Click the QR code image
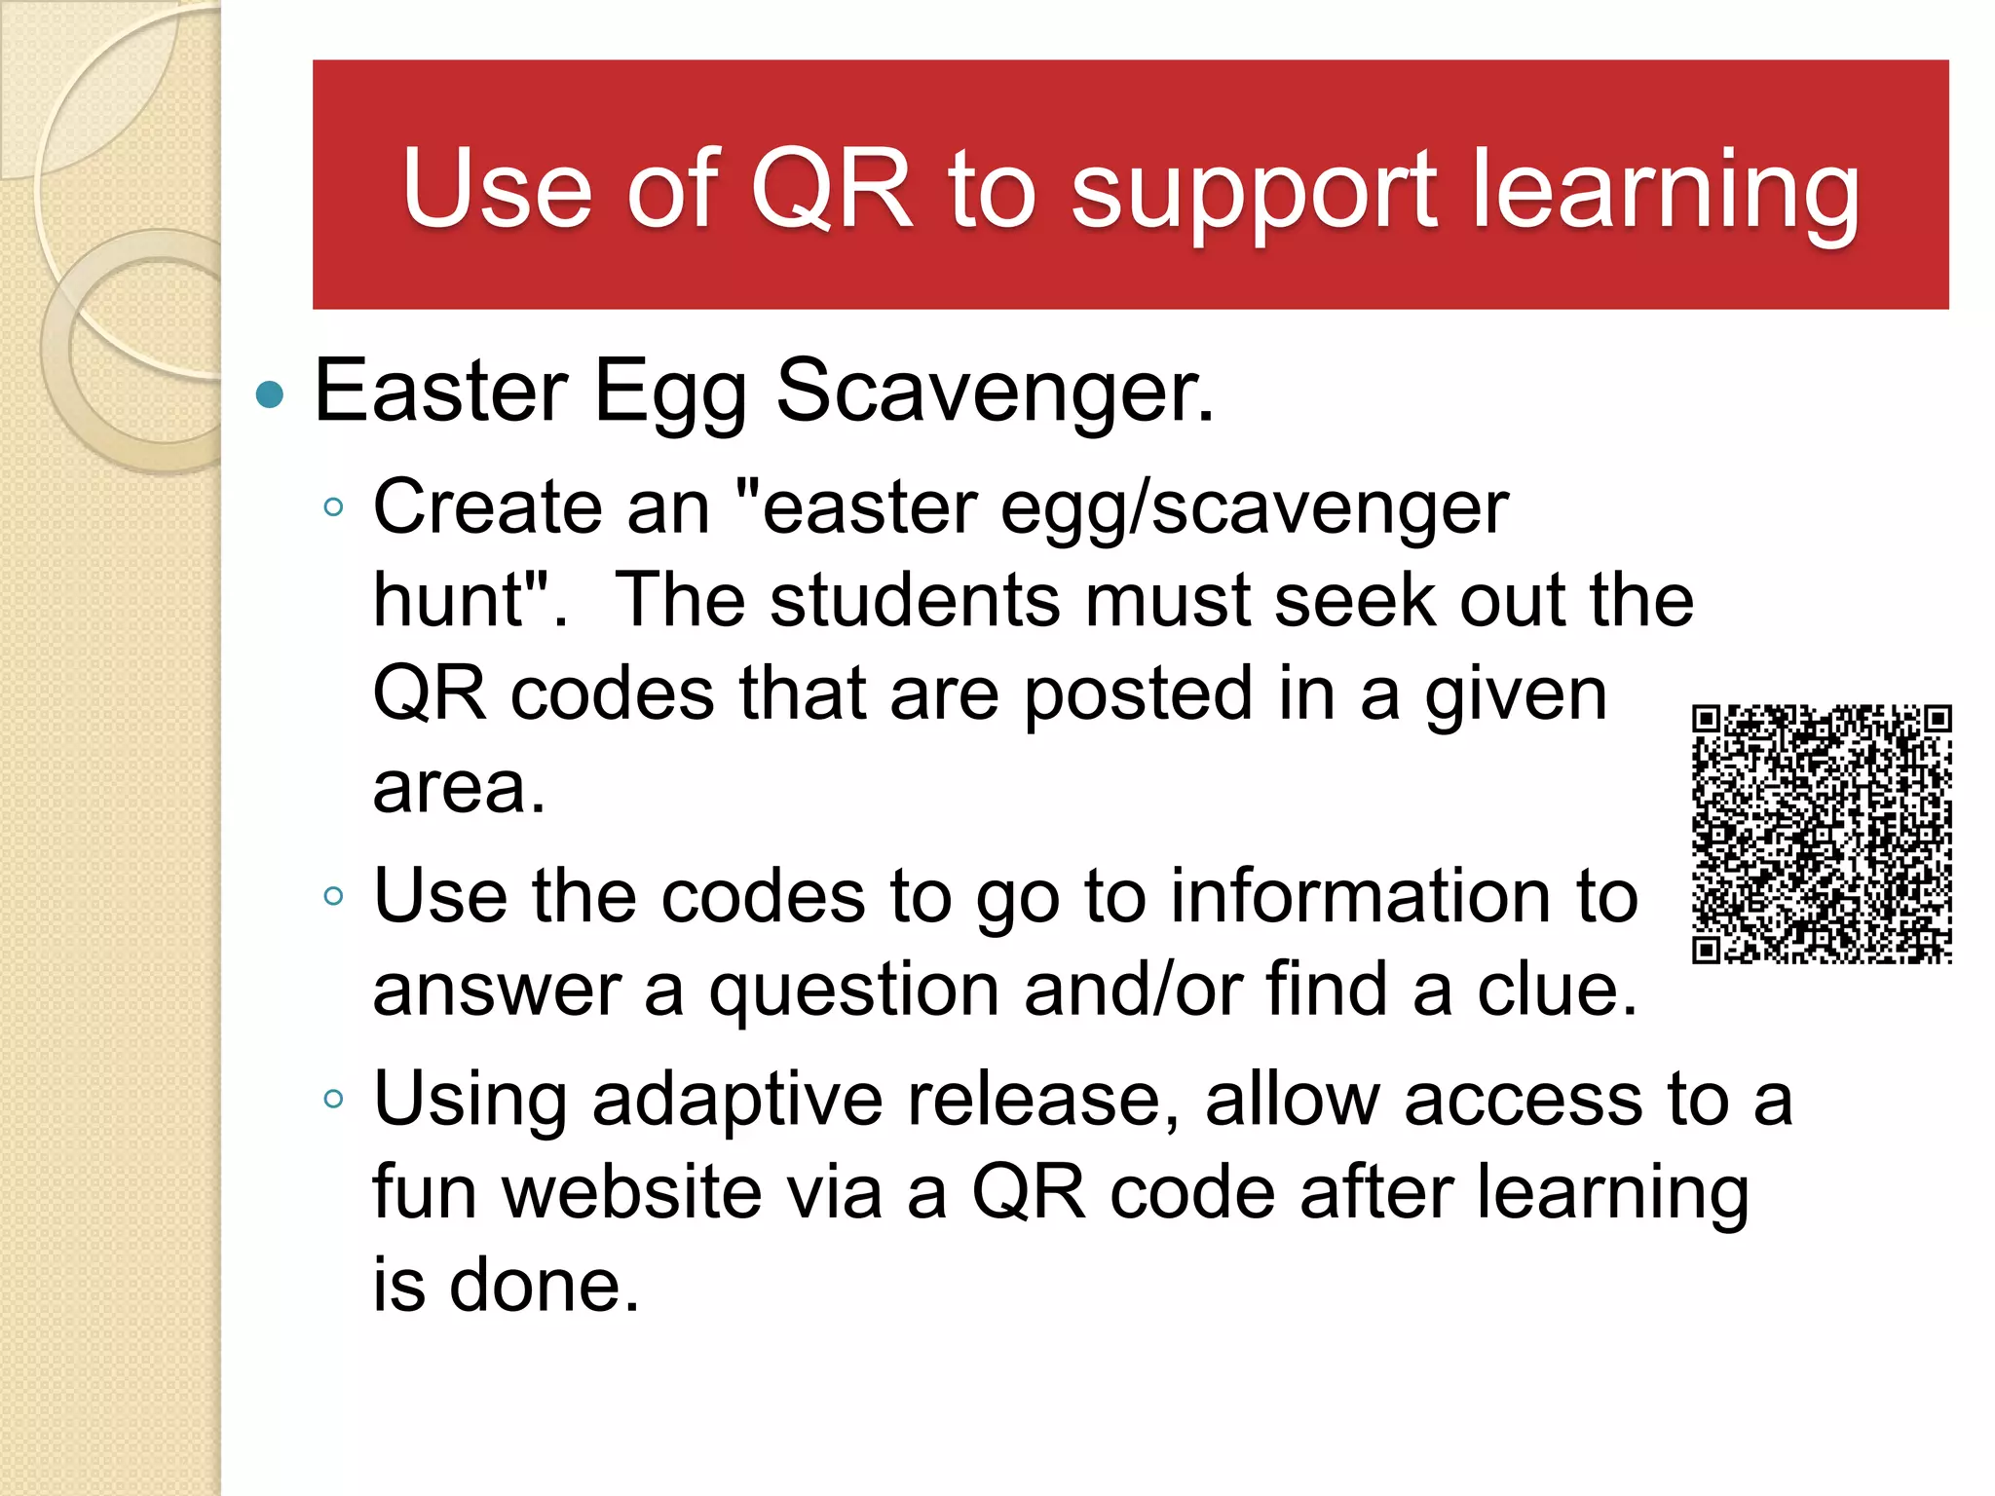click(1821, 834)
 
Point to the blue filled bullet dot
click(269, 395)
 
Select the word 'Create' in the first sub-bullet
click(487, 507)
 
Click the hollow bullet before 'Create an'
click(333, 506)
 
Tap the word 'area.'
click(459, 787)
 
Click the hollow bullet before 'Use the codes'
click(333, 896)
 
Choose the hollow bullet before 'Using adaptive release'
click(333, 1100)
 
